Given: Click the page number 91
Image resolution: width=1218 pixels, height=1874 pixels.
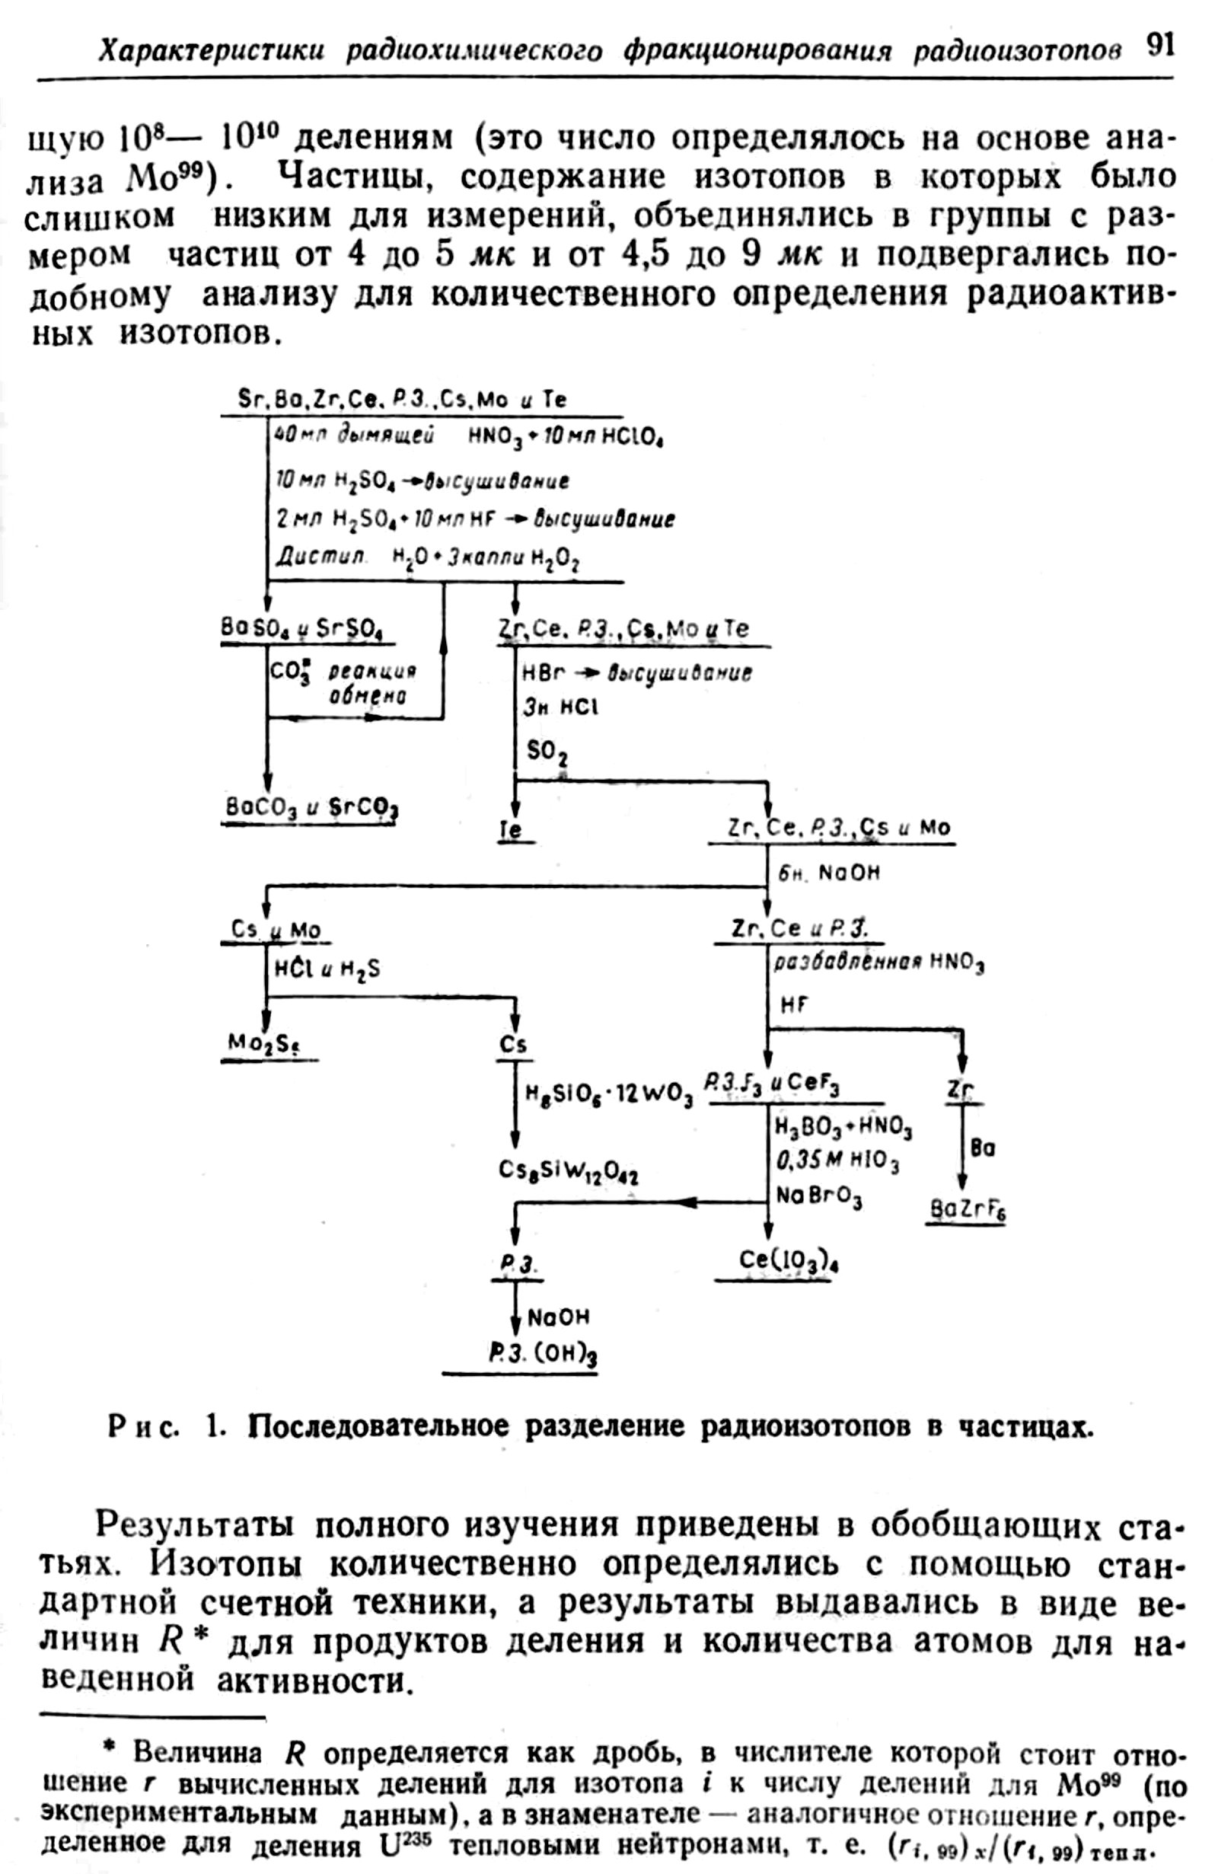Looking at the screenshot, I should (1159, 46).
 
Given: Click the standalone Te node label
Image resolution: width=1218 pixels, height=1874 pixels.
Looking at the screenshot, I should (511, 830).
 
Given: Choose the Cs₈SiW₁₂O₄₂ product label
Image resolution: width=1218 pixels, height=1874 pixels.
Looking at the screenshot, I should (568, 1171).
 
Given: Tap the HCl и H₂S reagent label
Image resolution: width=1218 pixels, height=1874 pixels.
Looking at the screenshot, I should (327, 969).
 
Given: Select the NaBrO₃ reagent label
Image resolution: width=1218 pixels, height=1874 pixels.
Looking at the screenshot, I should (819, 1198).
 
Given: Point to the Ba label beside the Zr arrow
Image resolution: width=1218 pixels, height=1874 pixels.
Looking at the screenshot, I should (984, 1149).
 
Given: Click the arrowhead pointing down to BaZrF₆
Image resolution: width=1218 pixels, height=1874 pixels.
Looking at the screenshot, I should (961, 1183).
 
